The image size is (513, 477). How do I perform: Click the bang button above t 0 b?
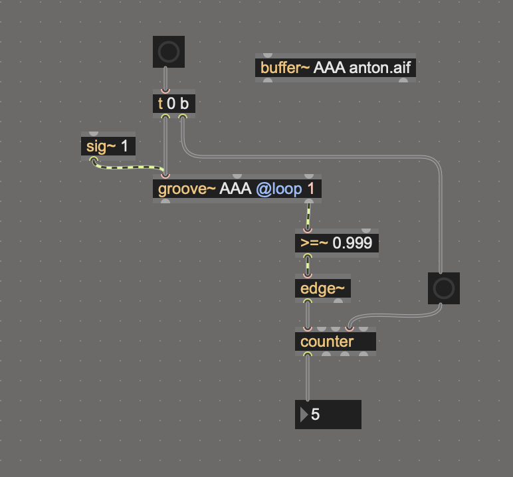tap(168, 52)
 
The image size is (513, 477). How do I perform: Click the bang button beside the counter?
tap(443, 288)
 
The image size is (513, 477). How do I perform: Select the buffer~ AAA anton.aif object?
tap(336, 68)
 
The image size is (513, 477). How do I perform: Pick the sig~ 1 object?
tap(108, 146)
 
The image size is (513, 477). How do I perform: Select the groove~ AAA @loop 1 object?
tap(237, 189)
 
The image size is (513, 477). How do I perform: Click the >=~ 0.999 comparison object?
tap(337, 243)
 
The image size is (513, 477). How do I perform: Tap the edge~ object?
tap(323, 288)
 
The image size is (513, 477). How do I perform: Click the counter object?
tap(335, 341)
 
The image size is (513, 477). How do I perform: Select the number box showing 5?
tap(328, 415)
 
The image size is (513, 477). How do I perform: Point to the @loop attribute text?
tap(278, 189)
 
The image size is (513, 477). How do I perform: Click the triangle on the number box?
tap(304, 415)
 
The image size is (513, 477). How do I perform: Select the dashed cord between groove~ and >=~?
tap(308, 215)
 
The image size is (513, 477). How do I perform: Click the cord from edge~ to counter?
tap(307, 314)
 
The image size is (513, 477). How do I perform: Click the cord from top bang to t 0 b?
tap(165, 78)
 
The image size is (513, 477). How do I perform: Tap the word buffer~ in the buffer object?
tap(285, 68)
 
